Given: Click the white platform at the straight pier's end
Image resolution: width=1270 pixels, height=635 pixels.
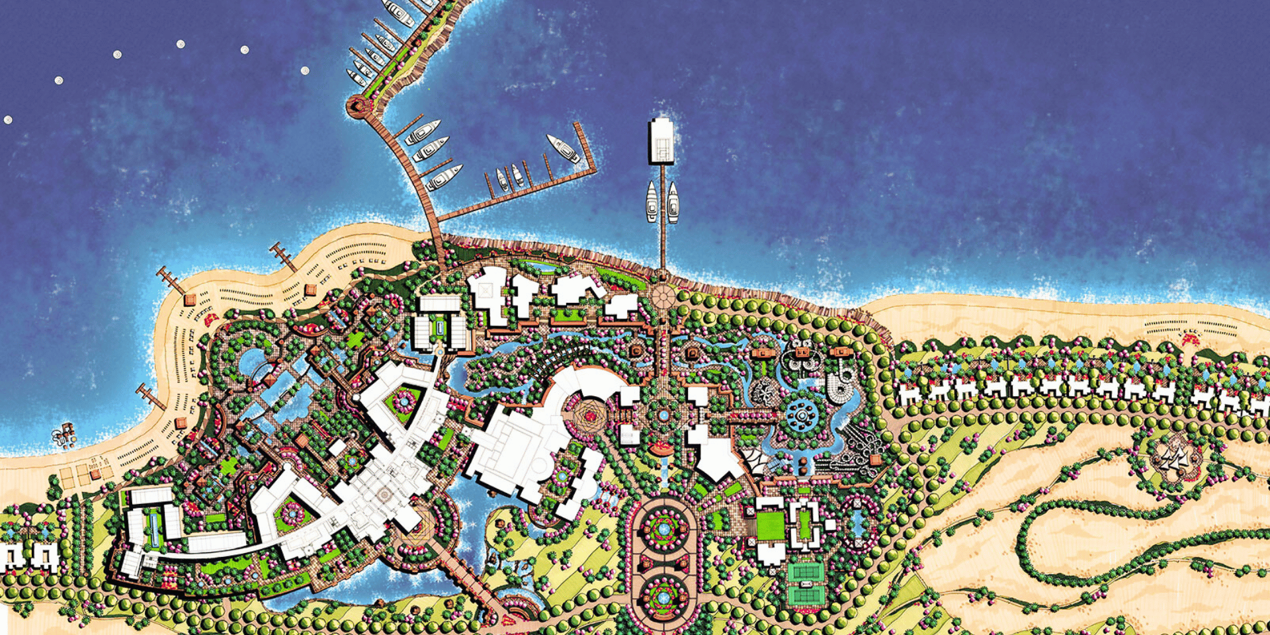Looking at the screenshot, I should coord(661,140).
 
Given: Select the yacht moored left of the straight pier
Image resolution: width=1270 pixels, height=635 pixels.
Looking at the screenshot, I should coord(652,202).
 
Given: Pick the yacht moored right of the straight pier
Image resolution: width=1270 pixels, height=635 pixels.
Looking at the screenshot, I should coord(673,202).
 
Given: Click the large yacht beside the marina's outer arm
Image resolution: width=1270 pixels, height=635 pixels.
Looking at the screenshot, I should coord(563,149).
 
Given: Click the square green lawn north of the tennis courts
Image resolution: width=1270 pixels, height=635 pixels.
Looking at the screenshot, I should coord(770,526).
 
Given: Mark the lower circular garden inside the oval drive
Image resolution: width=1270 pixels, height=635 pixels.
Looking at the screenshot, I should coord(662,596).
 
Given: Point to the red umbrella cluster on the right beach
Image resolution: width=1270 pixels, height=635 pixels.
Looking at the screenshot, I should coord(1191,340).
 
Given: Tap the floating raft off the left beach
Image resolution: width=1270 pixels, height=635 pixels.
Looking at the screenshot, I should coord(64,435).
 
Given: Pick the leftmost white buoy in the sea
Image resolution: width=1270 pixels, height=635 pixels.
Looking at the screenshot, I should coord(8,120).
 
